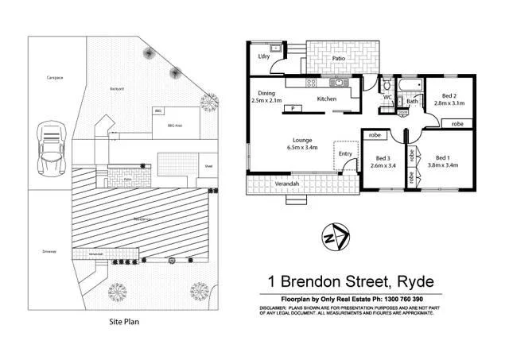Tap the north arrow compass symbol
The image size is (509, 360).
coord(334,237)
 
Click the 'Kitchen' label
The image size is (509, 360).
coord(328,99)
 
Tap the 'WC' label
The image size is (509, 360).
coord(387,98)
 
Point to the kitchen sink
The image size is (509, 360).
coord(339,82)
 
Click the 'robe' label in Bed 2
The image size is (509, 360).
coord(457,124)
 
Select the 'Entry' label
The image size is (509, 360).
coord(345,153)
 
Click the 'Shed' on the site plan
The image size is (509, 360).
coord(208,166)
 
